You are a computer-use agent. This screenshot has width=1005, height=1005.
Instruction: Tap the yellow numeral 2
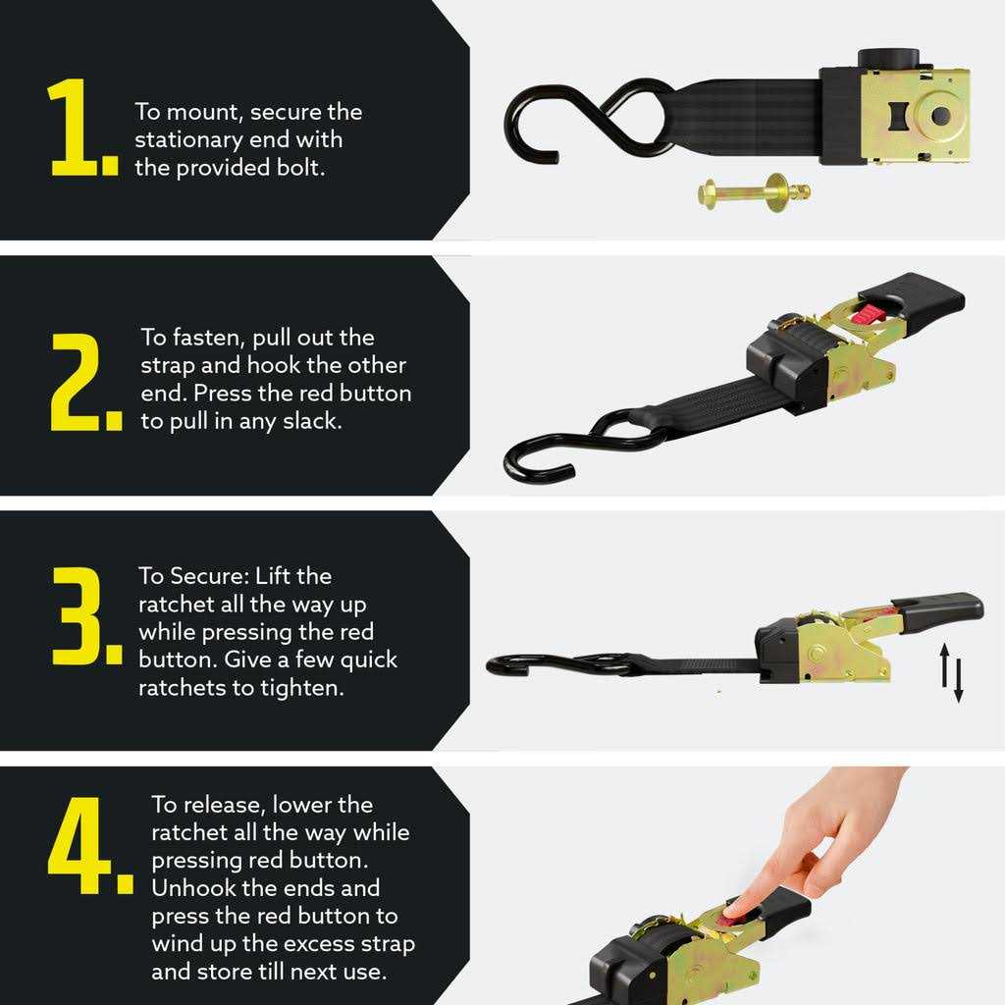[x=82, y=383]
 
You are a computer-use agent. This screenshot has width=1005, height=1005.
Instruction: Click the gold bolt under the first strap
[x=754, y=190]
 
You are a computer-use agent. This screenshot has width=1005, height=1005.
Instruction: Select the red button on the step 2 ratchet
[x=865, y=313]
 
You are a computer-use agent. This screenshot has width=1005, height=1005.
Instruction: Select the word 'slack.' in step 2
[x=311, y=423]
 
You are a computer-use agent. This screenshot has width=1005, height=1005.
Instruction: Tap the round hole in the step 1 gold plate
[x=939, y=115]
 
